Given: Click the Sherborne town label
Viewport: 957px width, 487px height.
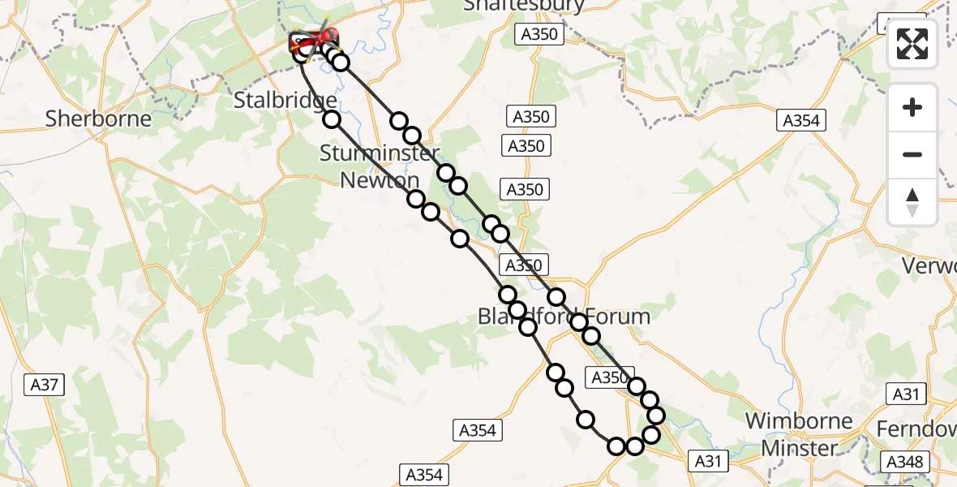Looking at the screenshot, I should click(x=98, y=119).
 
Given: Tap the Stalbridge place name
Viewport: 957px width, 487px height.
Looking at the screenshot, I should click(x=285, y=101).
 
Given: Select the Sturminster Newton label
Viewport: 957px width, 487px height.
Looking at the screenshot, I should click(x=380, y=166).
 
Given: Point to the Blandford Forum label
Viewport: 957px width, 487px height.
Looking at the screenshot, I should click(x=564, y=316).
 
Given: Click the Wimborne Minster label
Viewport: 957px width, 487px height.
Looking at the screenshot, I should click(x=798, y=434).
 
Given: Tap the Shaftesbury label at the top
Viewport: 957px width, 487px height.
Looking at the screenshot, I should click(x=535, y=6).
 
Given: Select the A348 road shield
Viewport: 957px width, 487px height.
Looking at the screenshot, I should click(x=903, y=462).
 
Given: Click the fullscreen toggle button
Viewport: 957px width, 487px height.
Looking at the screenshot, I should click(x=912, y=44).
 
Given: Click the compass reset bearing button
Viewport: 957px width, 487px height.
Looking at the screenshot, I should click(x=912, y=201).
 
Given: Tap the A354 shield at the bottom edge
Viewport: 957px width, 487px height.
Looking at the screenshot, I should click(x=424, y=475).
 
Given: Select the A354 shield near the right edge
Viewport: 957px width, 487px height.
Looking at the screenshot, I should click(x=800, y=120).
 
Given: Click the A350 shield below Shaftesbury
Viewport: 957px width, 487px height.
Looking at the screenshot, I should click(x=539, y=34).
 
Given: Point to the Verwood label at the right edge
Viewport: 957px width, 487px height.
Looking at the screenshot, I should click(x=933, y=266).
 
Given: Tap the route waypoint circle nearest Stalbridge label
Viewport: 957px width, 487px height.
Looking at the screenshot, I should click(x=332, y=119).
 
